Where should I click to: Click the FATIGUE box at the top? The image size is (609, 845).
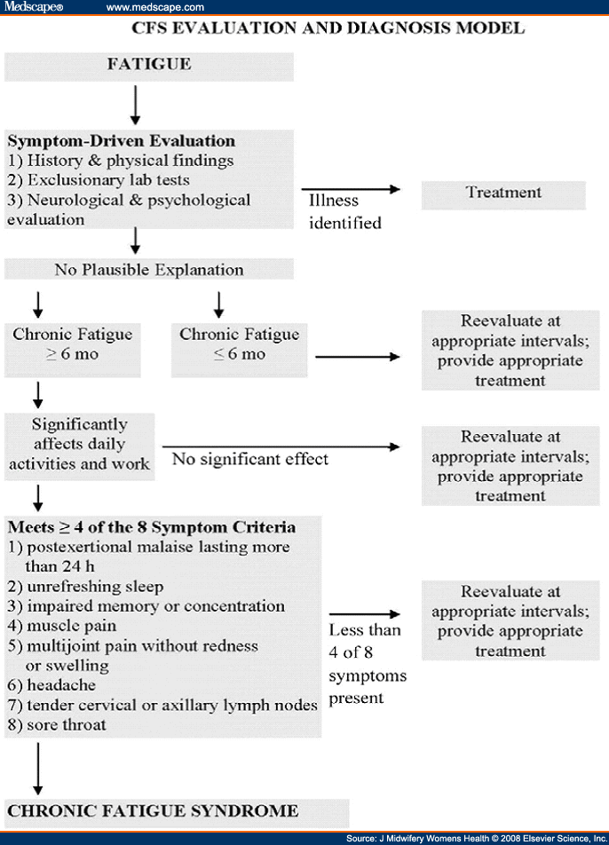[149, 65]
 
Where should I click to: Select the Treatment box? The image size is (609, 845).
[503, 193]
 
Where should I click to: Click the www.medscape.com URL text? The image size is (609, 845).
[155, 7]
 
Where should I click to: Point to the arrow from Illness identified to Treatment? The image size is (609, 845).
[350, 189]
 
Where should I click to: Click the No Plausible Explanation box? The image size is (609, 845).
[149, 268]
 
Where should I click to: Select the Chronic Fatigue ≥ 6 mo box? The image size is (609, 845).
[73, 344]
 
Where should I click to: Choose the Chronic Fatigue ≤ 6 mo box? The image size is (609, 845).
[240, 344]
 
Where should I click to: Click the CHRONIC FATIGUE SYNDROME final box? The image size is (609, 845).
[153, 810]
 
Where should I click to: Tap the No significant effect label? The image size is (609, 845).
[250, 459]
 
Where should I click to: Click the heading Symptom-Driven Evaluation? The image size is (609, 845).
[122, 141]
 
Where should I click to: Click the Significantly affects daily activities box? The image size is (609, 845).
[80, 444]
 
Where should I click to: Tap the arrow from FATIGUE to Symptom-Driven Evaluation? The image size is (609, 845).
[136, 105]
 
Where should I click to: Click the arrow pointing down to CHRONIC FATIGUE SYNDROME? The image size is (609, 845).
[38, 768]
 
